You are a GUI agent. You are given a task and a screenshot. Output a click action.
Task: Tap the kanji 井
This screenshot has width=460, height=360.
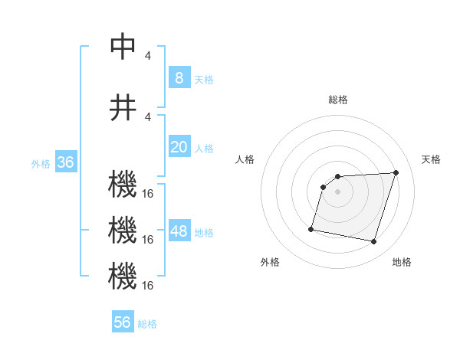click(123, 106)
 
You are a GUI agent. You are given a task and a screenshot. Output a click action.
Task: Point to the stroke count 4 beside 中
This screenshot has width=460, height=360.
click(148, 55)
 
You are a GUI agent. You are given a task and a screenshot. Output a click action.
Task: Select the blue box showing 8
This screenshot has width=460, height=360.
click(179, 77)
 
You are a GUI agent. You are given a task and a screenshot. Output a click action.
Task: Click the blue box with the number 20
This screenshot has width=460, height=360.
click(179, 147)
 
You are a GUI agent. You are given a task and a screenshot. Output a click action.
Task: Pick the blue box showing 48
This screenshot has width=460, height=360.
click(179, 231)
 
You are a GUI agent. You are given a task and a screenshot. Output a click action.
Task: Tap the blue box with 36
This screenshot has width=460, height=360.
click(65, 162)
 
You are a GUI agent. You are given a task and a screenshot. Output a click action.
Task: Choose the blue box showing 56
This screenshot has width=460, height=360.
click(123, 322)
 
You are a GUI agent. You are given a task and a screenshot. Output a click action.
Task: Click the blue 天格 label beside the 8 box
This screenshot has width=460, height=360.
click(204, 79)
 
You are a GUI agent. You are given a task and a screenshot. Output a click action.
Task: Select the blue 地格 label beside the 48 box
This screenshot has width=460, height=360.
click(204, 233)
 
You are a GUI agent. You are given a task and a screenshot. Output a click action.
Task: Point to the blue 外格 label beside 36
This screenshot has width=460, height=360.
click(40, 163)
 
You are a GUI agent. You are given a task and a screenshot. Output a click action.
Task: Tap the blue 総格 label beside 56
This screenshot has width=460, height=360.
click(147, 324)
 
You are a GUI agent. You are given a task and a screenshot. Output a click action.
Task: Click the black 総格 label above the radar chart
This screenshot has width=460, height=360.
click(337, 100)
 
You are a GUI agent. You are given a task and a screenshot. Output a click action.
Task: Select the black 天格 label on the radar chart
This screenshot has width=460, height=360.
click(431, 159)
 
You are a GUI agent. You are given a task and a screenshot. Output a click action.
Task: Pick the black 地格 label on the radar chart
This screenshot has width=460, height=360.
click(402, 262)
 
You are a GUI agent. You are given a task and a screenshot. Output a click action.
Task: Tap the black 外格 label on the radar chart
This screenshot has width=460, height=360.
click(270, 262)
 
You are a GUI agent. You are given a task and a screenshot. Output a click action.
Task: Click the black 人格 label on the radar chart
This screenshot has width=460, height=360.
click(245, 159)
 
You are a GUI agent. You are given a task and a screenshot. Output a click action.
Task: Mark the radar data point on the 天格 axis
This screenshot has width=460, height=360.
click(396, 172)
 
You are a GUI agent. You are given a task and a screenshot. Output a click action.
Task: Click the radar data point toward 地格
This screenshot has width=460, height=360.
click(373, 242)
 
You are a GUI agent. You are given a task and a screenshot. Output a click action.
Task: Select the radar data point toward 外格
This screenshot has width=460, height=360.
click(311, 228)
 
